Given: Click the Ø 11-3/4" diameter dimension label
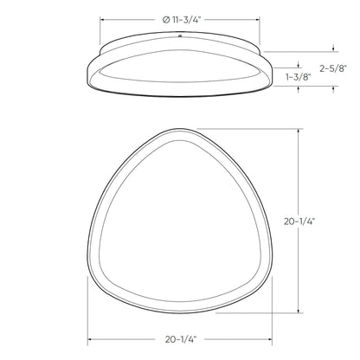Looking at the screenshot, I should (x=179, y=18).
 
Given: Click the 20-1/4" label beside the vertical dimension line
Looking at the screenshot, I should (x=324, y=222).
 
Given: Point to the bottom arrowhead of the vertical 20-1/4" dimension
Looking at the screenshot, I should (x=299, y=312).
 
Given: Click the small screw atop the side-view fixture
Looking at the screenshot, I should (x=179, y=37).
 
